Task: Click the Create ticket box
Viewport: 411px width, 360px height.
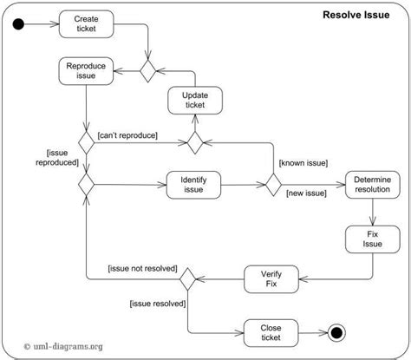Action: pyautogui.click(x=87, y=23)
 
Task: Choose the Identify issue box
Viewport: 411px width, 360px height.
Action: pyautogui.click(x=192, y=183)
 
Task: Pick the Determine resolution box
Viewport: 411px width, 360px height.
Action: pyautogui.click(x=373, y=183)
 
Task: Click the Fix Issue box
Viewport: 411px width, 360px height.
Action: pyautogui.click(x=373, y=239)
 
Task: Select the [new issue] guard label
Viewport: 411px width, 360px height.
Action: pyautogui.click(x=304, y=193)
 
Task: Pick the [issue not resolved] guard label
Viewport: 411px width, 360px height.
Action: pyautogui.click(x=142, y=268)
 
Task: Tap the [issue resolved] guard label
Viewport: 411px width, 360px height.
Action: pyautogui.click(x=159, y=303)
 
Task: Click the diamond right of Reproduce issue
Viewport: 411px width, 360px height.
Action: pyautogui.click(x=148, y=70)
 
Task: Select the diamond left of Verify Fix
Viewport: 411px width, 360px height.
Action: pyautogui.click(x=186, y=279)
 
